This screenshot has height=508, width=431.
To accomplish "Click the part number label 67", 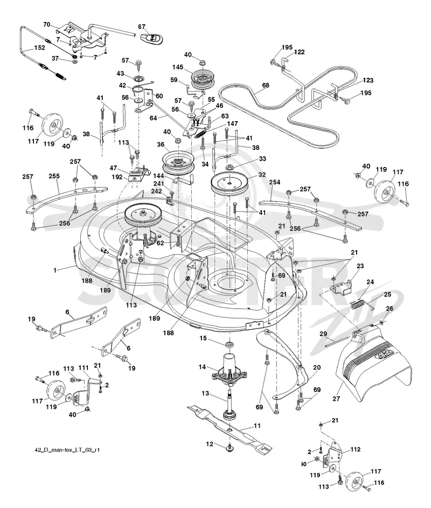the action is (x=142, y=27).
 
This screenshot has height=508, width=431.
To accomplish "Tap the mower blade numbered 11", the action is (x=230, y=427).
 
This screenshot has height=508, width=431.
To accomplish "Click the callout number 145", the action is (x=178, y=67).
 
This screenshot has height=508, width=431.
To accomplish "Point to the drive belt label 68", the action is (x=266, y=86).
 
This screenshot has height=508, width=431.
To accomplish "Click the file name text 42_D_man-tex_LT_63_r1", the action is (x=67, y=450).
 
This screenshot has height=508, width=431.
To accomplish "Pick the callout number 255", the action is (x=54, y=176).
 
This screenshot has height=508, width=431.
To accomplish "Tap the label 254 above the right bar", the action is (x=274, y=183).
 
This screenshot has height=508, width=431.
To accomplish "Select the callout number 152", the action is (x=39, y=47).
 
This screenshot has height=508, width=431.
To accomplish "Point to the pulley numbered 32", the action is (x=228, y=183).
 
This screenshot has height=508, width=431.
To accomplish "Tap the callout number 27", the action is (x=336, y=399).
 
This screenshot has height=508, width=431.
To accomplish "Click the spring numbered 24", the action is (x=357, y=304).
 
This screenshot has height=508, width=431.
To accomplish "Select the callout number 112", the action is (x=355, y=449).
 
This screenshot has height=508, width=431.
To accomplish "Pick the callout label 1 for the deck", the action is (x=55, y=270).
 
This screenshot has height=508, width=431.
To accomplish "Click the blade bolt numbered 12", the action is (x=230, y=448).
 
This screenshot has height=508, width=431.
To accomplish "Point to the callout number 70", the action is (x=47, y=24).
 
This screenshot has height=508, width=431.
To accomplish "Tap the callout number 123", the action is (x=368, y=80).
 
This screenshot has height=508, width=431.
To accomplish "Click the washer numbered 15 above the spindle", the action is (x=230, y=344).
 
